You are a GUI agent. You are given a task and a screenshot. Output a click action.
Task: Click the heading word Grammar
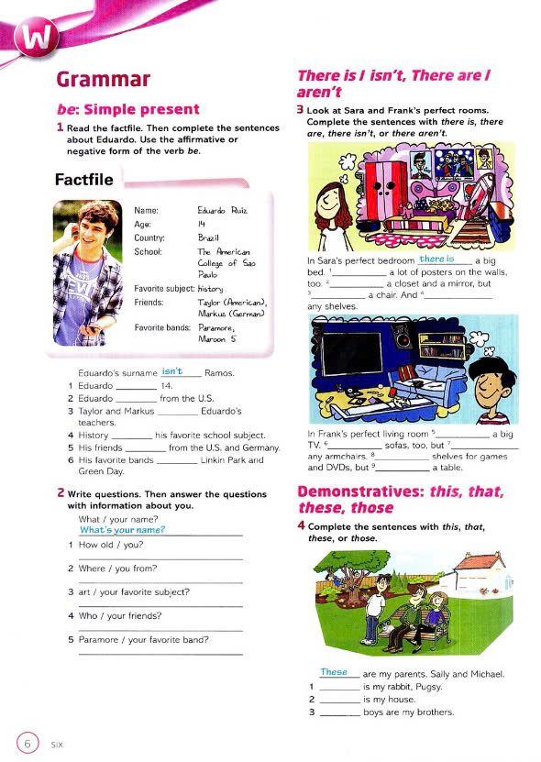tap(104, 82)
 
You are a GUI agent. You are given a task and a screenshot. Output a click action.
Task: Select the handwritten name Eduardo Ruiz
tap(223, 211)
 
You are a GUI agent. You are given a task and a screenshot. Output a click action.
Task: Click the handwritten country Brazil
tap(211, 237)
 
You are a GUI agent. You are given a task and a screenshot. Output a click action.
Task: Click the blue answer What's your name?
tap(122, 530)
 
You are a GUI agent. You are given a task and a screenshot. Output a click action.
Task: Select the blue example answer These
tap(334, 672)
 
